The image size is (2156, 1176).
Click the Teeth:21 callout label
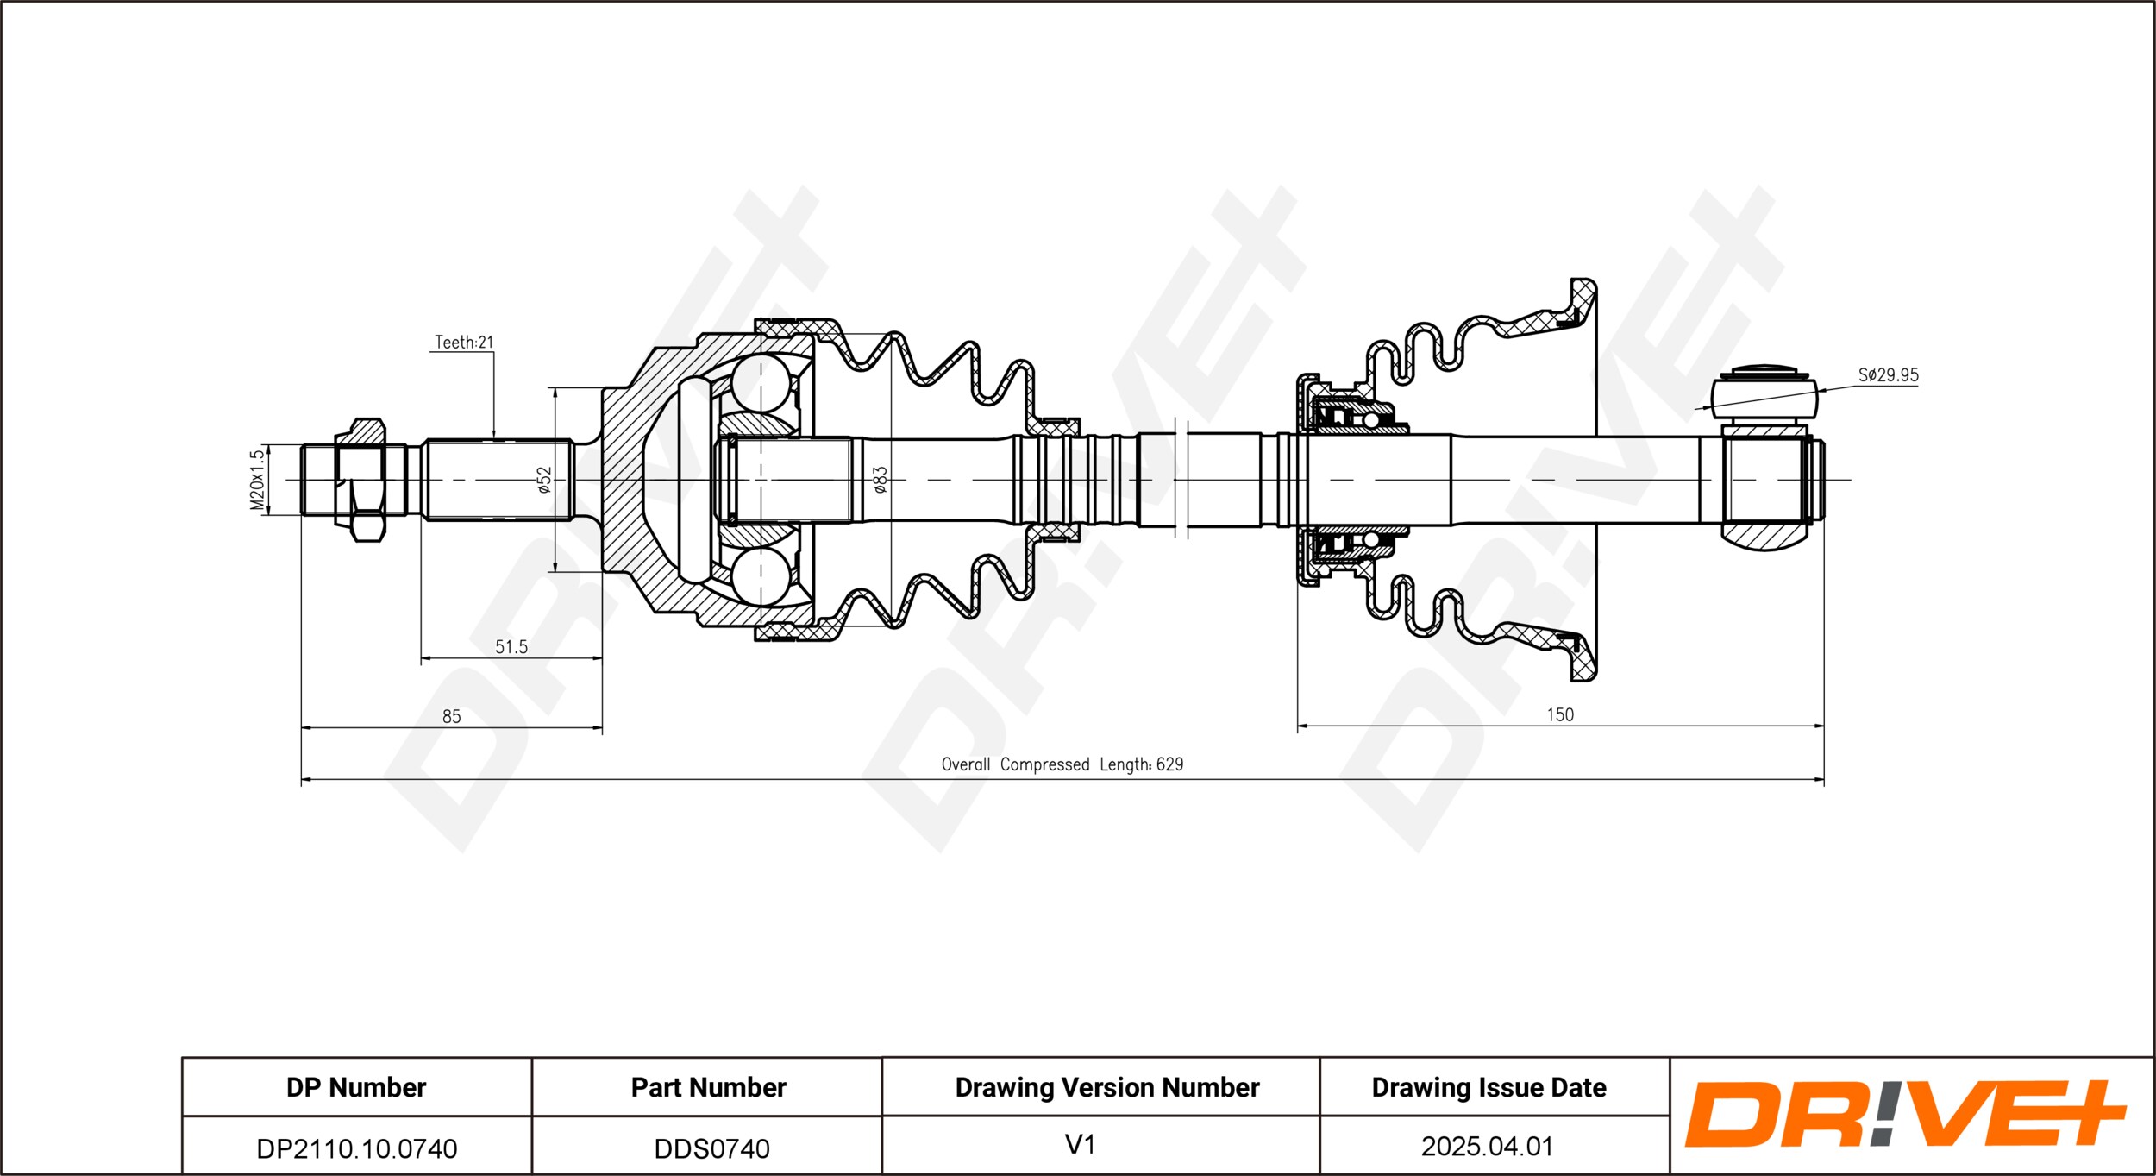pos(464,343)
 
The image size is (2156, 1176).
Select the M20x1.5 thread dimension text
pos(257,480)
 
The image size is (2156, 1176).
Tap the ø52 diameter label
pos(543,480)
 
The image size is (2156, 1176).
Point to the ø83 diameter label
pos(880,480)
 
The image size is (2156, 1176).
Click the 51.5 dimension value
pos(511,646)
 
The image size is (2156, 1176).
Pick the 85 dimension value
pos(451,716)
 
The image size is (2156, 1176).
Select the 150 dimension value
pos(1559,714)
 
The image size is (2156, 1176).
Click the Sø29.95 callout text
pos(1888,375)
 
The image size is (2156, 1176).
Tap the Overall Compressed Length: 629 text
pos(1062,764)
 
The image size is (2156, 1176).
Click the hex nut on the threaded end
pos(360,480)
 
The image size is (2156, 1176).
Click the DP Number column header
pos(356,1087)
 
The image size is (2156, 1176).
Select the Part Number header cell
pos(708,1087)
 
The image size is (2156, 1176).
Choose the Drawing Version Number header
pos(1106,1087)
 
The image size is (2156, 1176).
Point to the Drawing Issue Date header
pos(1489,1087)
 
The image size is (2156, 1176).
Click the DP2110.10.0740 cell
pos(357,1148)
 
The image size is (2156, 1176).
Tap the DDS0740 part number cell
pos(711,1148)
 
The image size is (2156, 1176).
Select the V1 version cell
pos(1080,1145)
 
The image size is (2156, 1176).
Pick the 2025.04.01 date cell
pos(1487,1146)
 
